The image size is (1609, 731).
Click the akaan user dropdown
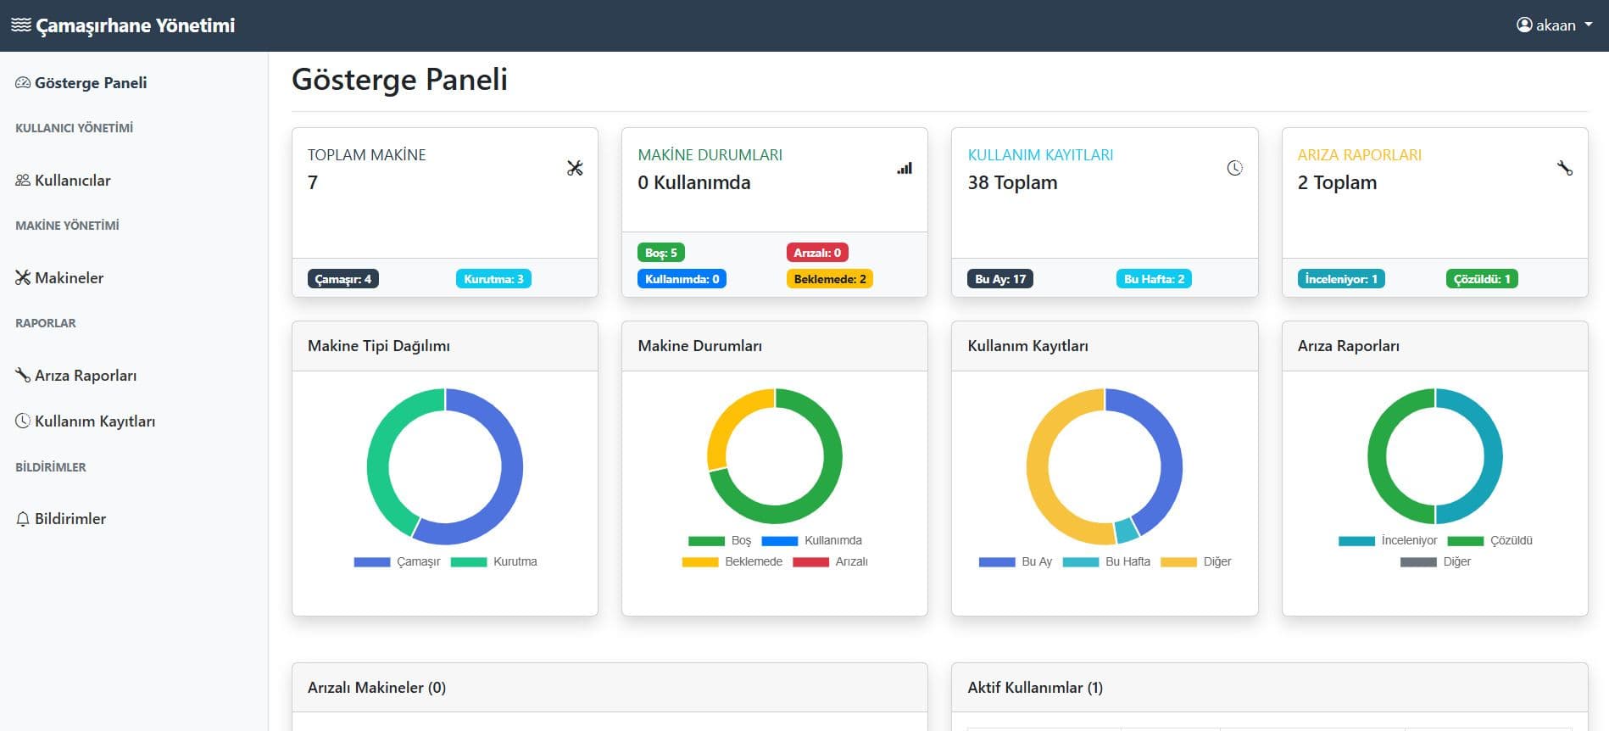coord(1554,25)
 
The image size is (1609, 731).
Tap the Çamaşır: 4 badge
coord(343,279)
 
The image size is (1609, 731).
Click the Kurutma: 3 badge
coord(493,279)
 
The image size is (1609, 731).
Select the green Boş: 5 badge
coord(660,253)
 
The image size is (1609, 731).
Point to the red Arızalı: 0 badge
coord(817,253)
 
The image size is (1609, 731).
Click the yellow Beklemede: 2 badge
coord(830,279)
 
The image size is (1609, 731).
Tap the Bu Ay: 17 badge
coord(1000,279)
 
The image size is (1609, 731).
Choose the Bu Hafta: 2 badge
coord(1154,279)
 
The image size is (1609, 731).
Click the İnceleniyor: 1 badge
coord(1341,279)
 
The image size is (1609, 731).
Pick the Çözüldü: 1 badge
coord(1482,279)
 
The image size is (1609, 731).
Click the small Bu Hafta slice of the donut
coord(1126,530)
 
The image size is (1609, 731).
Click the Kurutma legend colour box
coord(469,562)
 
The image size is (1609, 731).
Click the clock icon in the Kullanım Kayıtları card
coord(1234,168)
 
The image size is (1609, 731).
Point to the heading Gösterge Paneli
coord(399,80)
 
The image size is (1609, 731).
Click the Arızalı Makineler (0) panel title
coord(376,688)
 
